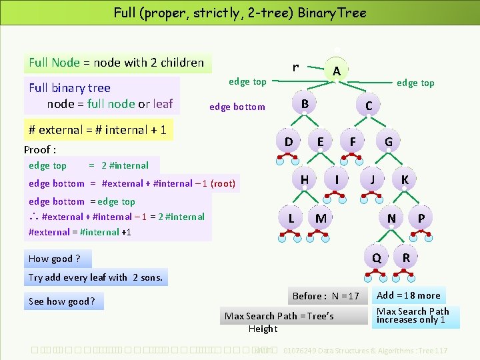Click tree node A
(x=337, y=71)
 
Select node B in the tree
(x=305, y=104)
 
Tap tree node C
(x=369, y=106)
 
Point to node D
(x=289, y=141)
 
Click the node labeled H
(x=305, y=179)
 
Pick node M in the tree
(x=321, y=218)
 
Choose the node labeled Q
(x=377, y=257)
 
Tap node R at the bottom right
(x=406, y=257)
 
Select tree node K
(x=405, y=179)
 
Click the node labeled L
(x=291, y=217)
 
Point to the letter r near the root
(x=295, y=67)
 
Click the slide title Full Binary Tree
(x=240, y=13)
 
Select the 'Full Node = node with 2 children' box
(x=117, y=63)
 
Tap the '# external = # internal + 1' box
(x=98, y=129)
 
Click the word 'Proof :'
(x=40, y=149)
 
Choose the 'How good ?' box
(x=56, y=259)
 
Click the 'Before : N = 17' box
(x=325, y=296)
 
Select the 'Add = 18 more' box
(x=409, y=295)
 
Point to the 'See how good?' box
(x=62, y=301)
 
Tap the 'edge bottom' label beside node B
(x=237, y=107)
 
